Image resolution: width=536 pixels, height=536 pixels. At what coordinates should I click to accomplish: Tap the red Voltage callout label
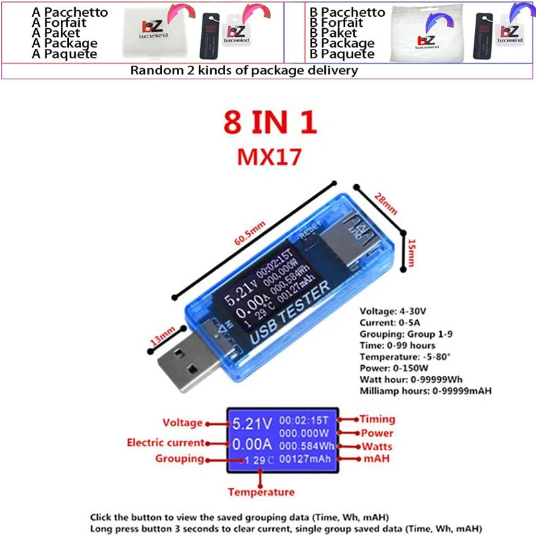[x=182, y=423]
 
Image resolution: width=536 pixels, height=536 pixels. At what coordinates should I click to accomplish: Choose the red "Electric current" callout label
[x=165, y=442]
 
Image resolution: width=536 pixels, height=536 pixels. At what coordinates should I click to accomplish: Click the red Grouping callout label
[x=179, y=459]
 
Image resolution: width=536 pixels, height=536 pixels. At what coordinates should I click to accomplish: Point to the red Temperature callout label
[x=261, y=492]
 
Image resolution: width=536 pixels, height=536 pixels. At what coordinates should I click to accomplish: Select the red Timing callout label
[x=377, y=419]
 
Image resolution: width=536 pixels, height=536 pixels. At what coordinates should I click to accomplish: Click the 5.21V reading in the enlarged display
[x=252, y=423]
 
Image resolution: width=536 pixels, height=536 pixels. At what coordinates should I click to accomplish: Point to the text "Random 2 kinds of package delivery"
[x=244, y=70]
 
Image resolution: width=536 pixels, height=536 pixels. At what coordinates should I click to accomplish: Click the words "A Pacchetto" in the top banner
[x=64, y=13]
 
